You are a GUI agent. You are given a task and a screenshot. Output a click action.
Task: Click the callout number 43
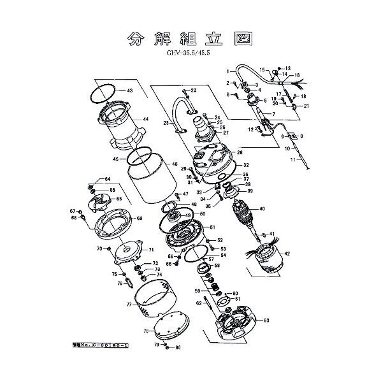[129, 91]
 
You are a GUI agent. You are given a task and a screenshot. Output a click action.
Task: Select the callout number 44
[145, 119]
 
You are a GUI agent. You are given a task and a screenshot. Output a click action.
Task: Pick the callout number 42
[287, 254]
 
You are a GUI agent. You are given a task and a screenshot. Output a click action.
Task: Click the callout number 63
[266, 320]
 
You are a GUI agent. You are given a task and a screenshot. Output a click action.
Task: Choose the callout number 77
[129, 305]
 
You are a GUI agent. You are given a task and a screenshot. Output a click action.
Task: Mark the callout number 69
[140, 219]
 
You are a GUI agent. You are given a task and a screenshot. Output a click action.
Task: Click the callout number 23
[166, 122]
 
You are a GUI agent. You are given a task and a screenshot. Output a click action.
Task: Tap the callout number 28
[240, 153]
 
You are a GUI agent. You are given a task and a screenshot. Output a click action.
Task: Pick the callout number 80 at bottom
[178, 347]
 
